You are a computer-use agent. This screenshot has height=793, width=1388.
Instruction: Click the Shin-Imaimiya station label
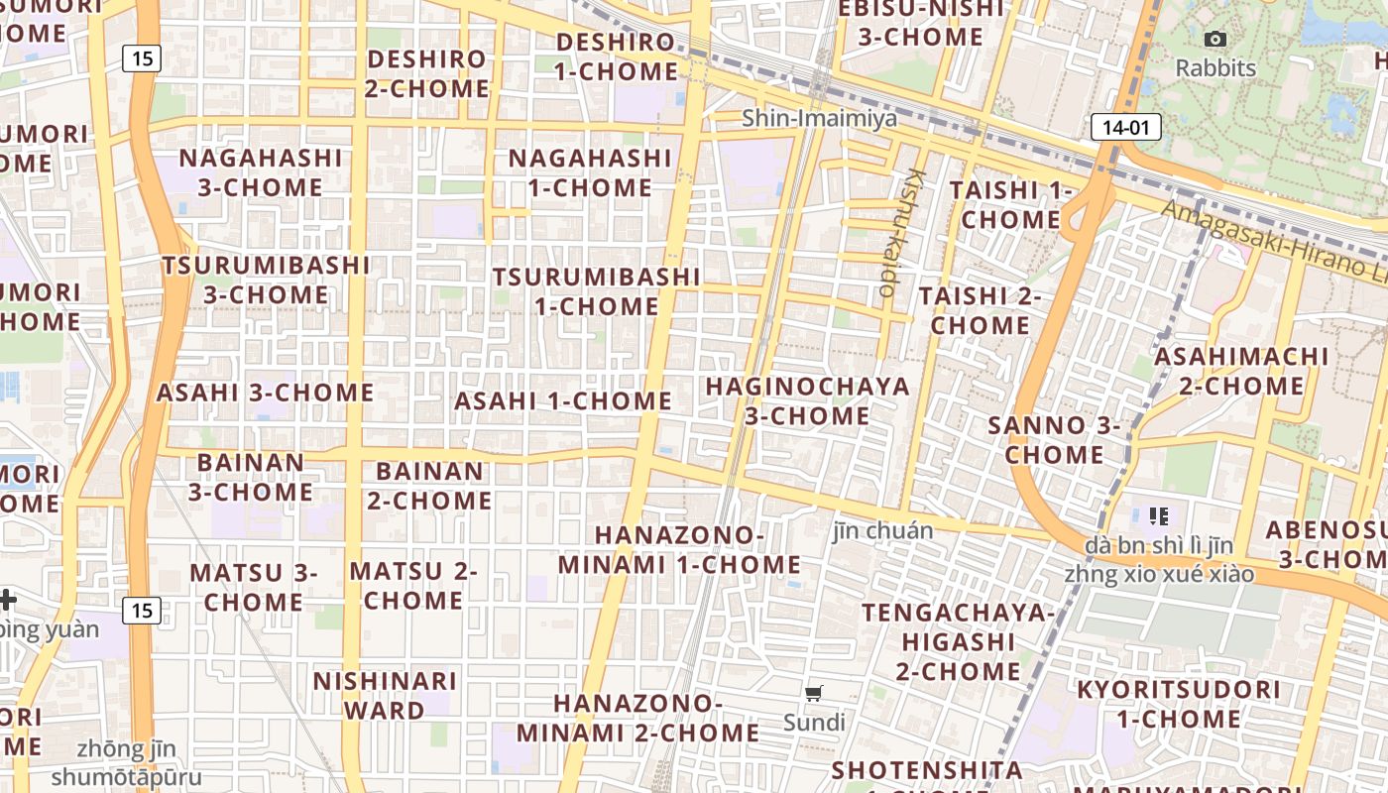coord(819,119)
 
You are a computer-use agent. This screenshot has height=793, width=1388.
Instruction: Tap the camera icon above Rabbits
coord(1214,40)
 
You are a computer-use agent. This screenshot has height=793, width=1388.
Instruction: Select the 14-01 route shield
coord(1125,127)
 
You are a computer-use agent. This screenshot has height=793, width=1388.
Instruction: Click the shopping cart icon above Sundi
coord(814,694)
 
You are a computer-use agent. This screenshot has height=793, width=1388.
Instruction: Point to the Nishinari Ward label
coord(385,696)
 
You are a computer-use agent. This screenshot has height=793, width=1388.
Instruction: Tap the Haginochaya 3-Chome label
coord(807,400)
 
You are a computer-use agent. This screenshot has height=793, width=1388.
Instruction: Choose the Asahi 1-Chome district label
coord(563,401)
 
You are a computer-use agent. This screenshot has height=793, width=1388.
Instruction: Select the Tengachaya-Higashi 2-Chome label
coord(958,641)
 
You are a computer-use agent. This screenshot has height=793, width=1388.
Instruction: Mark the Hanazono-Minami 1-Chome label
coord(679,550)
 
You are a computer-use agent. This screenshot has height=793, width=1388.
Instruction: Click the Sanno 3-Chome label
coord(1054,440)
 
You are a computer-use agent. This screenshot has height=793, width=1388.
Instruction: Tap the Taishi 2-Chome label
coord(980,310)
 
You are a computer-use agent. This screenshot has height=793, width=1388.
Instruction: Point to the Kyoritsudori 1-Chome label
coord(1178,704)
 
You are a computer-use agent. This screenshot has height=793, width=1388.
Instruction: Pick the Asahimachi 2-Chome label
coord(1241,370)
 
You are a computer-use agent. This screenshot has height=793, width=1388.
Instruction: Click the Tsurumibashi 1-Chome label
coord(597,291)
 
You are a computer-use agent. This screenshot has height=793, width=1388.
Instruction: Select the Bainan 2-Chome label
coord(429,486)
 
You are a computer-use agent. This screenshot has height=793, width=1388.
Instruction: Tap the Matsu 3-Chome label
coord(254,587)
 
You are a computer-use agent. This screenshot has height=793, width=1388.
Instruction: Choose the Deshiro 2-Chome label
coord(426,73)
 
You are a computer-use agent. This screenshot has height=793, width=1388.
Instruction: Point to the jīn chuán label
coord(882,531)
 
